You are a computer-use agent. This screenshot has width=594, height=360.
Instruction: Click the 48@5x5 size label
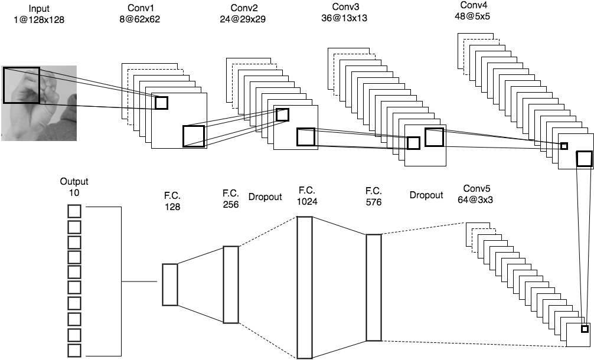tap(474, 17)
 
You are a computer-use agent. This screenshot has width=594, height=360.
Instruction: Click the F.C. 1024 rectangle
tap(304, 287)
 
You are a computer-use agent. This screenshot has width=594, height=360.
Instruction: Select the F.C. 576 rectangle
tap(373, 287)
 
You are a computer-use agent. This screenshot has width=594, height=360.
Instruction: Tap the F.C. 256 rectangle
tap(231, 284)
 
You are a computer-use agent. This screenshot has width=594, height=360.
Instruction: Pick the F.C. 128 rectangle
tap(170, 284)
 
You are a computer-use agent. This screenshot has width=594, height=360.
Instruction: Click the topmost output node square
tap(74, 212)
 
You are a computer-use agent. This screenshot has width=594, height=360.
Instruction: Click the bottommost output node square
tap(74, 350)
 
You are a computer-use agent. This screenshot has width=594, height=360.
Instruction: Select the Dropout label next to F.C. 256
tap(265, 197)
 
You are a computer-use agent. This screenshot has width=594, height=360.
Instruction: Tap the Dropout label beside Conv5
tap(426, 195)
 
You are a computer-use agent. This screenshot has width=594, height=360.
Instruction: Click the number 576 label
tap(373, 202)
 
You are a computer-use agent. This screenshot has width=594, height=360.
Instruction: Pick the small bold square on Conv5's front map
tap(585, 329)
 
